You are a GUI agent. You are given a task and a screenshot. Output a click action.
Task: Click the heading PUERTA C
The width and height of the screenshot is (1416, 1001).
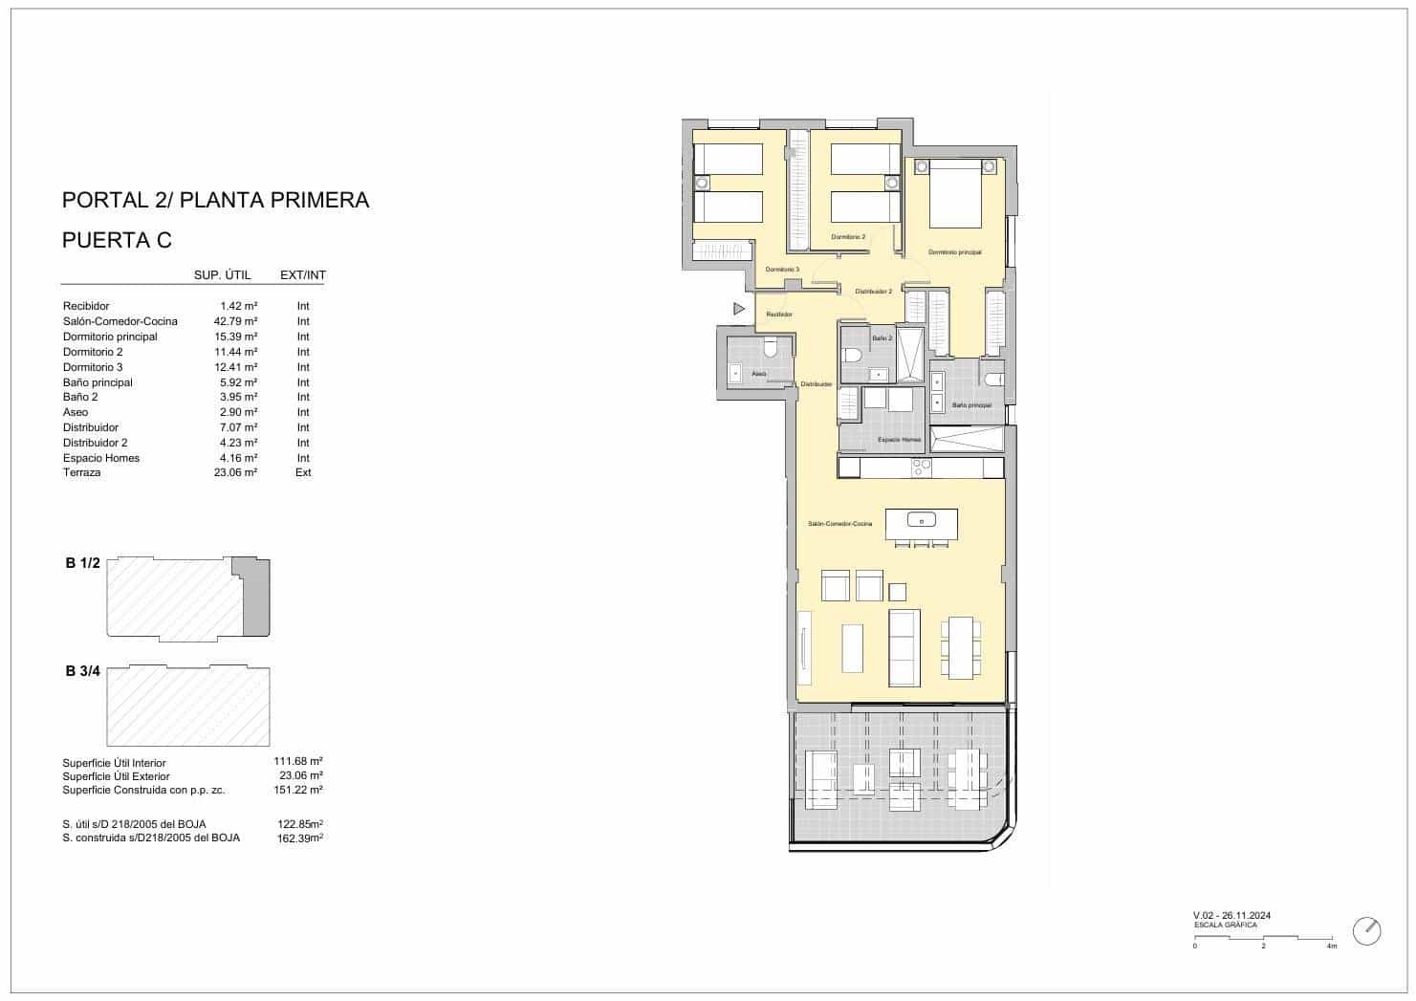[x=117, y=240]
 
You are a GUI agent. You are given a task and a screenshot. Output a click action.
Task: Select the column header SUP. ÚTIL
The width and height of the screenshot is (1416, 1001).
[x=222, y=275]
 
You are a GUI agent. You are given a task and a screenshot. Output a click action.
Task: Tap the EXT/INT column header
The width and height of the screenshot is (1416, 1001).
[x=302, y=275]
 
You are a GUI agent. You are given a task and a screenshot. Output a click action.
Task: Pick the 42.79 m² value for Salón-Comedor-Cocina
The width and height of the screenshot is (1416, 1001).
[x=235, y=321]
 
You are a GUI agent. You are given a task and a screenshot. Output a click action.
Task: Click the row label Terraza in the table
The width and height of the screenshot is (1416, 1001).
[x=81, y=472]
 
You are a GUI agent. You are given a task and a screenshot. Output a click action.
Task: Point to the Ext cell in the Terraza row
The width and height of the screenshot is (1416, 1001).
[x=302, y=472]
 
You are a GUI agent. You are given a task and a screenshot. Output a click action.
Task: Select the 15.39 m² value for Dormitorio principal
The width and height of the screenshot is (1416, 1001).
[x=235, y=337]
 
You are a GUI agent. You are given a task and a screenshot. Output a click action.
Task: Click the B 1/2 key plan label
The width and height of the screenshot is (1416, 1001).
[x=82, y=563]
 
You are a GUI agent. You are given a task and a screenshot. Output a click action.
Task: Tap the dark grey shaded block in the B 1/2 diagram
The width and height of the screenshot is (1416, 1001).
[x=255, y=600]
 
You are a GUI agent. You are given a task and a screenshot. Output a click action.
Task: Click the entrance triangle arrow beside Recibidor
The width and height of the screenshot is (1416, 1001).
[x=738, y=309]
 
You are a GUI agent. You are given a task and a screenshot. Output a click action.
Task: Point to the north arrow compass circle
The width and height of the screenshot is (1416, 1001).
[x=1366, y=930]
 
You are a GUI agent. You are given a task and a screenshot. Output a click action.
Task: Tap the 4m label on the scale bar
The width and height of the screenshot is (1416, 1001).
[x=1331, y=946]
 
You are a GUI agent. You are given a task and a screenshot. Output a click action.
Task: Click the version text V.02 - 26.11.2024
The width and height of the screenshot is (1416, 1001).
[x=1231, y=916]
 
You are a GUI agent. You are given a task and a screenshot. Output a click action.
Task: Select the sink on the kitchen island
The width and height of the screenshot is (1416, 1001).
[x=922, y=521]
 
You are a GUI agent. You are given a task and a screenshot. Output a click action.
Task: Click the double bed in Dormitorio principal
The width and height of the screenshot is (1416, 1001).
[x=955, y=195]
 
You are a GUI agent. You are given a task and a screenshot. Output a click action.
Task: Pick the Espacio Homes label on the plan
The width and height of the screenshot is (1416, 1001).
[x=899, y=440]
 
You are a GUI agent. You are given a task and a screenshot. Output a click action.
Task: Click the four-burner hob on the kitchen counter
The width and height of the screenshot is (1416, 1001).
[x=922, y=468]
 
